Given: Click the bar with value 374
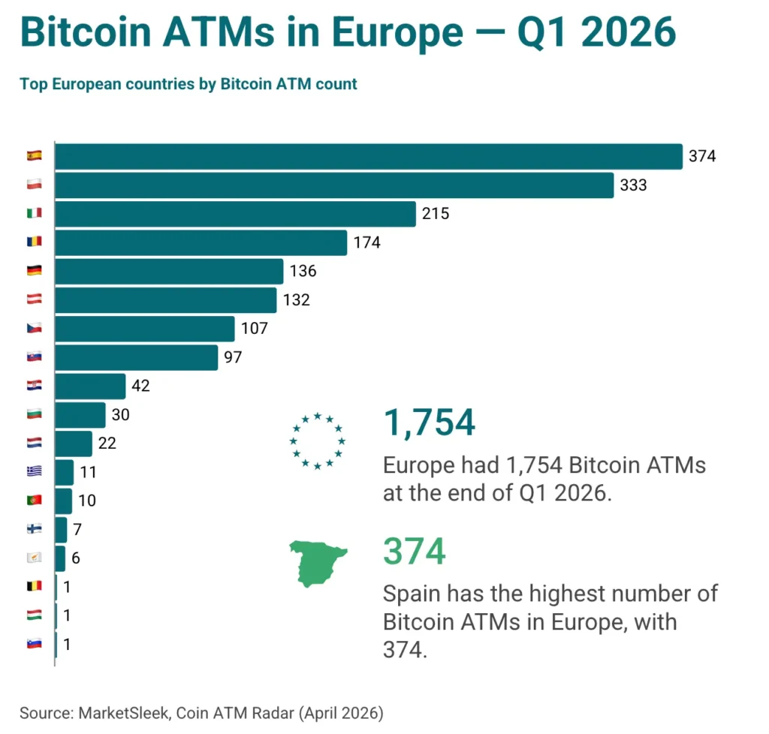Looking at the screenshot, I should (368, 156).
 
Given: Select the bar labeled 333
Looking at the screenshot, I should (334, 185).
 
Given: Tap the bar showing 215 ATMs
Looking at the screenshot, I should (235, 213).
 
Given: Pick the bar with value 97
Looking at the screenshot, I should (137, 357).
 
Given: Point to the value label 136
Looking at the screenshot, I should (303, 271).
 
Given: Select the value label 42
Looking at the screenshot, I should (140, 386).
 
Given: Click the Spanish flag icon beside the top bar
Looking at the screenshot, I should (34, 156).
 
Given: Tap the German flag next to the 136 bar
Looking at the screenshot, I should (34, 271).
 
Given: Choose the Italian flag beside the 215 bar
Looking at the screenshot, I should (34, 213).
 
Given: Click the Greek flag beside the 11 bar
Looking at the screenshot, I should (34, 472).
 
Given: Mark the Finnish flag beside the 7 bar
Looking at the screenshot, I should (34, 529).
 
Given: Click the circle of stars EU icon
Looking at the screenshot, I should (317, 441).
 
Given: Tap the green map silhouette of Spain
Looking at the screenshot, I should (318, 565).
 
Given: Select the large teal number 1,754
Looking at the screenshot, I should (429, 423).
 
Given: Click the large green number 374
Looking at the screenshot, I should (415, 552).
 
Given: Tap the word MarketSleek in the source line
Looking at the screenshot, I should (119, 712).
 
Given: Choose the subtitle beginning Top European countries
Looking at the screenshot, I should (188, 84).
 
